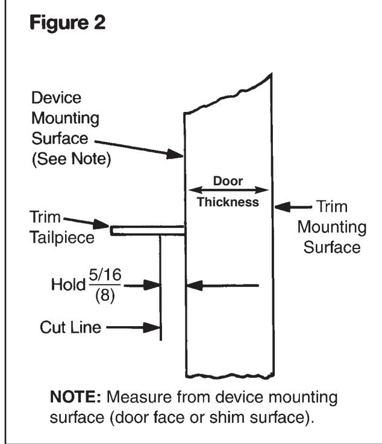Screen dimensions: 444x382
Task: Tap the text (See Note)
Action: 75,160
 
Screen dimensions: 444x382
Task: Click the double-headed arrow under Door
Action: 228,189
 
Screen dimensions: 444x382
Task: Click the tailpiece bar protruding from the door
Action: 147,230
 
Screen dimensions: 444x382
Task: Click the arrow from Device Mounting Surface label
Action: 139,149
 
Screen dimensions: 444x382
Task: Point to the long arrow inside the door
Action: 223,285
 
